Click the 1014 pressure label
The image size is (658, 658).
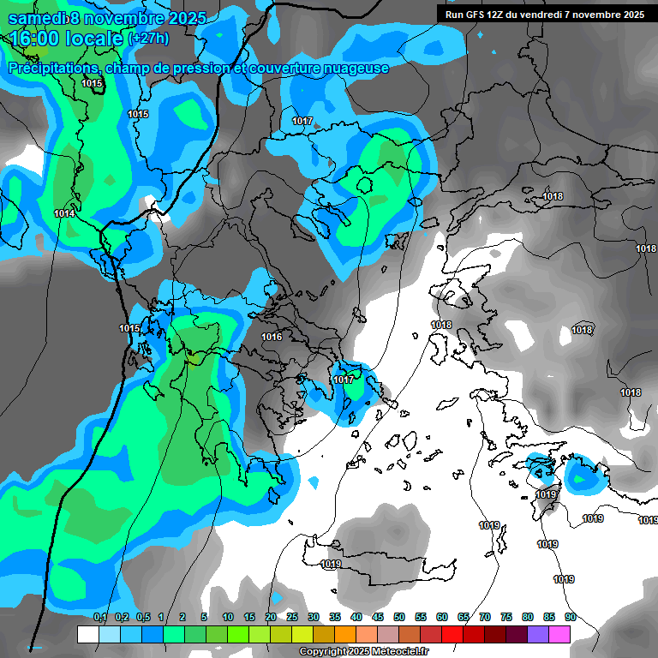click(64, 213)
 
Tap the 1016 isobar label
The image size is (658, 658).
click(272, 337)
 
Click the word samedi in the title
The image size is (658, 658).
click(39, 18)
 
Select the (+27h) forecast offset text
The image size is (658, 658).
click(148, 39)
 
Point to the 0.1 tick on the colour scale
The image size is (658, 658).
click(99, 617)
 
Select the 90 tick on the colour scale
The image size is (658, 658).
click(570, 617)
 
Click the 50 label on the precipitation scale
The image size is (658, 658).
click(399, 617)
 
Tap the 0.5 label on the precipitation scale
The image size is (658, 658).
click(142, 617)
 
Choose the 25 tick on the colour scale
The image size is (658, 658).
click(292, 617)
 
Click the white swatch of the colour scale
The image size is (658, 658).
click(87, 634)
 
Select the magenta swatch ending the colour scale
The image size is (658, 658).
click(559, 634)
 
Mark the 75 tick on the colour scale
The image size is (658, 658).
click(506, 617)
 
